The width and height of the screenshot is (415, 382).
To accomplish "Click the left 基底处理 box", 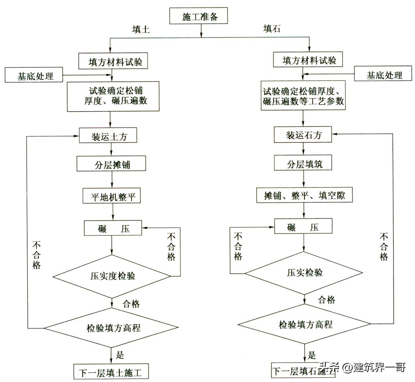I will coord(35,76).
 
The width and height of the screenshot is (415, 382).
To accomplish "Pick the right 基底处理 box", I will coord(384,75).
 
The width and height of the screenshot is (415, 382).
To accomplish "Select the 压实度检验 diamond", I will coord(112,276).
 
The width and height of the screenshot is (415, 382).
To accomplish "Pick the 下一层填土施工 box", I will coord(111,372).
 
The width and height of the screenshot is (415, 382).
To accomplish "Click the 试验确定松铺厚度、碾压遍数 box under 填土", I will coord(113,96).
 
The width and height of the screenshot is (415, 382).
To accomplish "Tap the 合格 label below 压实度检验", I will coord(131,304).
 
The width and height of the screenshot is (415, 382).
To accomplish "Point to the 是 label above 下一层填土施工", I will coord(119,355).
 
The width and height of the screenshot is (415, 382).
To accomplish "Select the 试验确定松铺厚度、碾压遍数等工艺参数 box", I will coord(303,96).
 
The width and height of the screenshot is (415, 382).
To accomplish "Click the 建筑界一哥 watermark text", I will coord(379,368).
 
